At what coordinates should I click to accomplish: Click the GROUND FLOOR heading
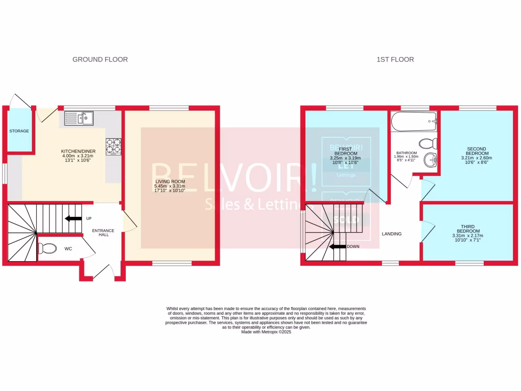pos(100,60)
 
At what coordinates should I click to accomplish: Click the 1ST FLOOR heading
pos(395,60)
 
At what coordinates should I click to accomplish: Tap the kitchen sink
pos(79,119)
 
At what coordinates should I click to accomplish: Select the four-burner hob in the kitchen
pos(113,146)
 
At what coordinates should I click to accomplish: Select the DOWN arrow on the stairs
pos(337,247)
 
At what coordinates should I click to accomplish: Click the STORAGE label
pos(19,131)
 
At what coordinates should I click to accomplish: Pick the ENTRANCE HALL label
pos(103,233)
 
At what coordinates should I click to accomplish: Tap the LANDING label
pos(392,234)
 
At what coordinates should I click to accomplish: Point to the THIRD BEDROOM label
pos(467,229)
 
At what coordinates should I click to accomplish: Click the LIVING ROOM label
pos(170,181)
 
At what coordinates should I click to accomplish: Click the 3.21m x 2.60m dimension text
pos(478,158)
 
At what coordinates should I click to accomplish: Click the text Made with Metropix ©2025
pos(266,332)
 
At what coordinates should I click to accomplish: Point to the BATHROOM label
pos(407,153)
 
